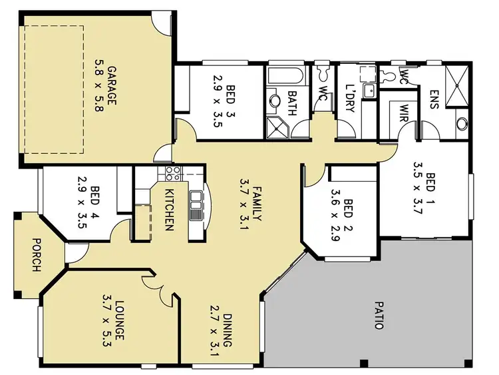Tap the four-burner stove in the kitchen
172,175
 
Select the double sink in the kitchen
196,204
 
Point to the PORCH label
35,255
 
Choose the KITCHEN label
168,209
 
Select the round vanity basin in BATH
275,101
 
